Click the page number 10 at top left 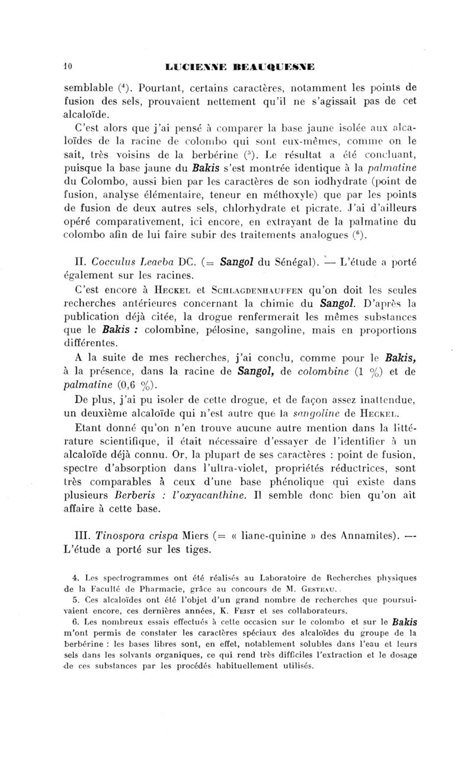[x=68, y=67]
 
